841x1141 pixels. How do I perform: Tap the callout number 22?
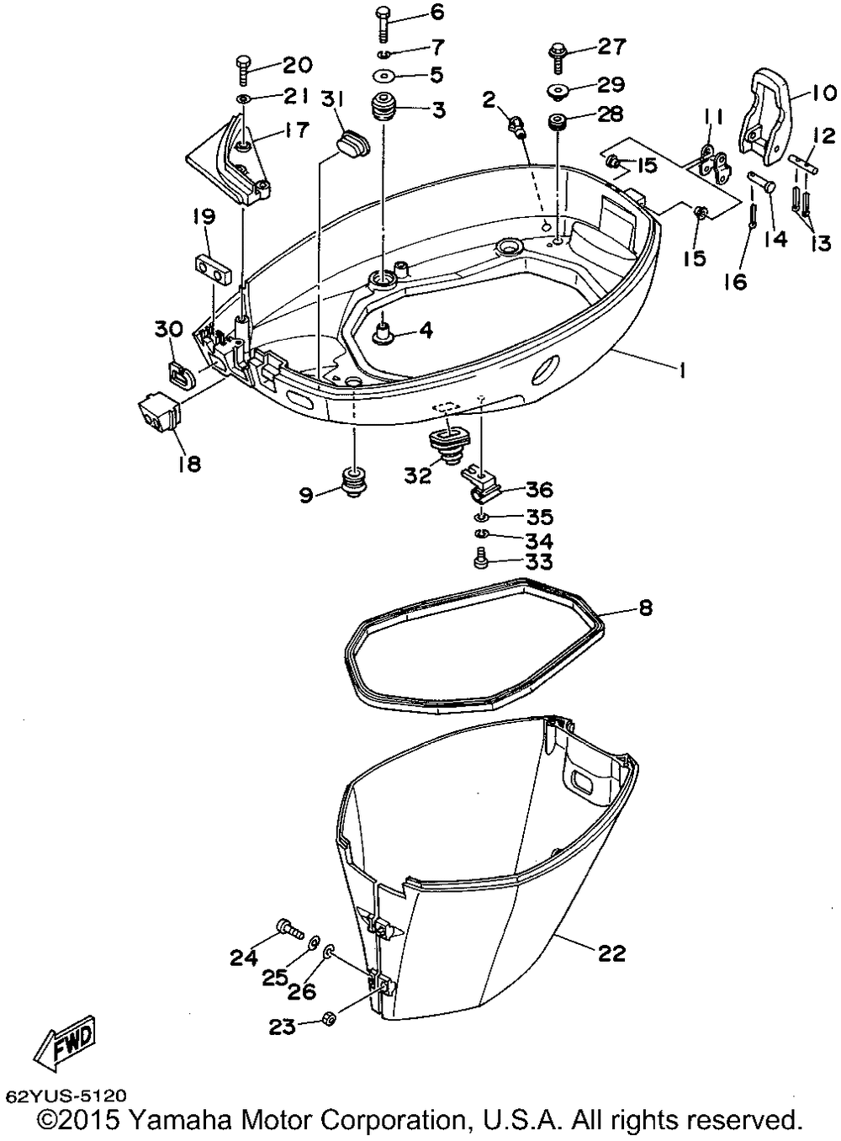pos(612,953)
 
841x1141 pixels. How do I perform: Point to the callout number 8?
pos(645,608)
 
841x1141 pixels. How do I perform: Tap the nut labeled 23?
pos(330,1020)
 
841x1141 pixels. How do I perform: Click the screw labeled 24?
pos(288,928)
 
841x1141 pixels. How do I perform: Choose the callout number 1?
pos(681,370)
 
